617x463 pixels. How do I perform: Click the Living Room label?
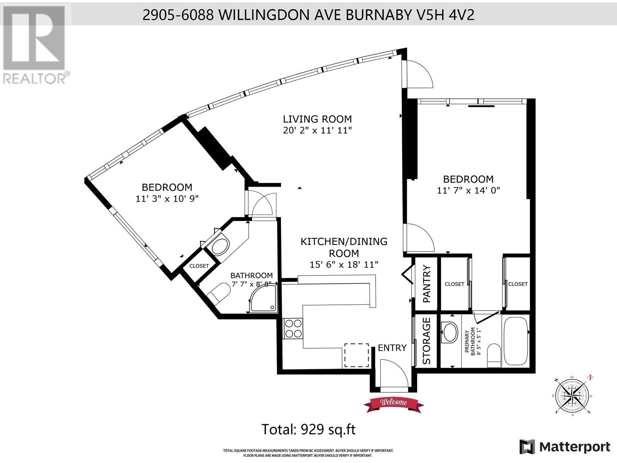(317, 119)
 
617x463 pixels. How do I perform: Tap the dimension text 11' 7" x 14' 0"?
(468, 190)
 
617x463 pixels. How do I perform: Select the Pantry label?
(427, 284)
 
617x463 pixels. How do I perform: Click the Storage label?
(427, 341)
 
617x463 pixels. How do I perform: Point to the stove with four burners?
(293, 328)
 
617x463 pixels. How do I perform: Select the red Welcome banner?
(394, 402)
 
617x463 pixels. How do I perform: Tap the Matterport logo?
(565, 447)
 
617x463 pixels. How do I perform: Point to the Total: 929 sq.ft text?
(308, 429)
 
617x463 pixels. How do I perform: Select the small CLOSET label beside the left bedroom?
(199, 266)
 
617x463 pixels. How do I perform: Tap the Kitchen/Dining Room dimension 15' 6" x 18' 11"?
(344, 265)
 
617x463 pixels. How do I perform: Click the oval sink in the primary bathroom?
(449, 332)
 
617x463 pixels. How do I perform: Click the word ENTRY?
(392, 348)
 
